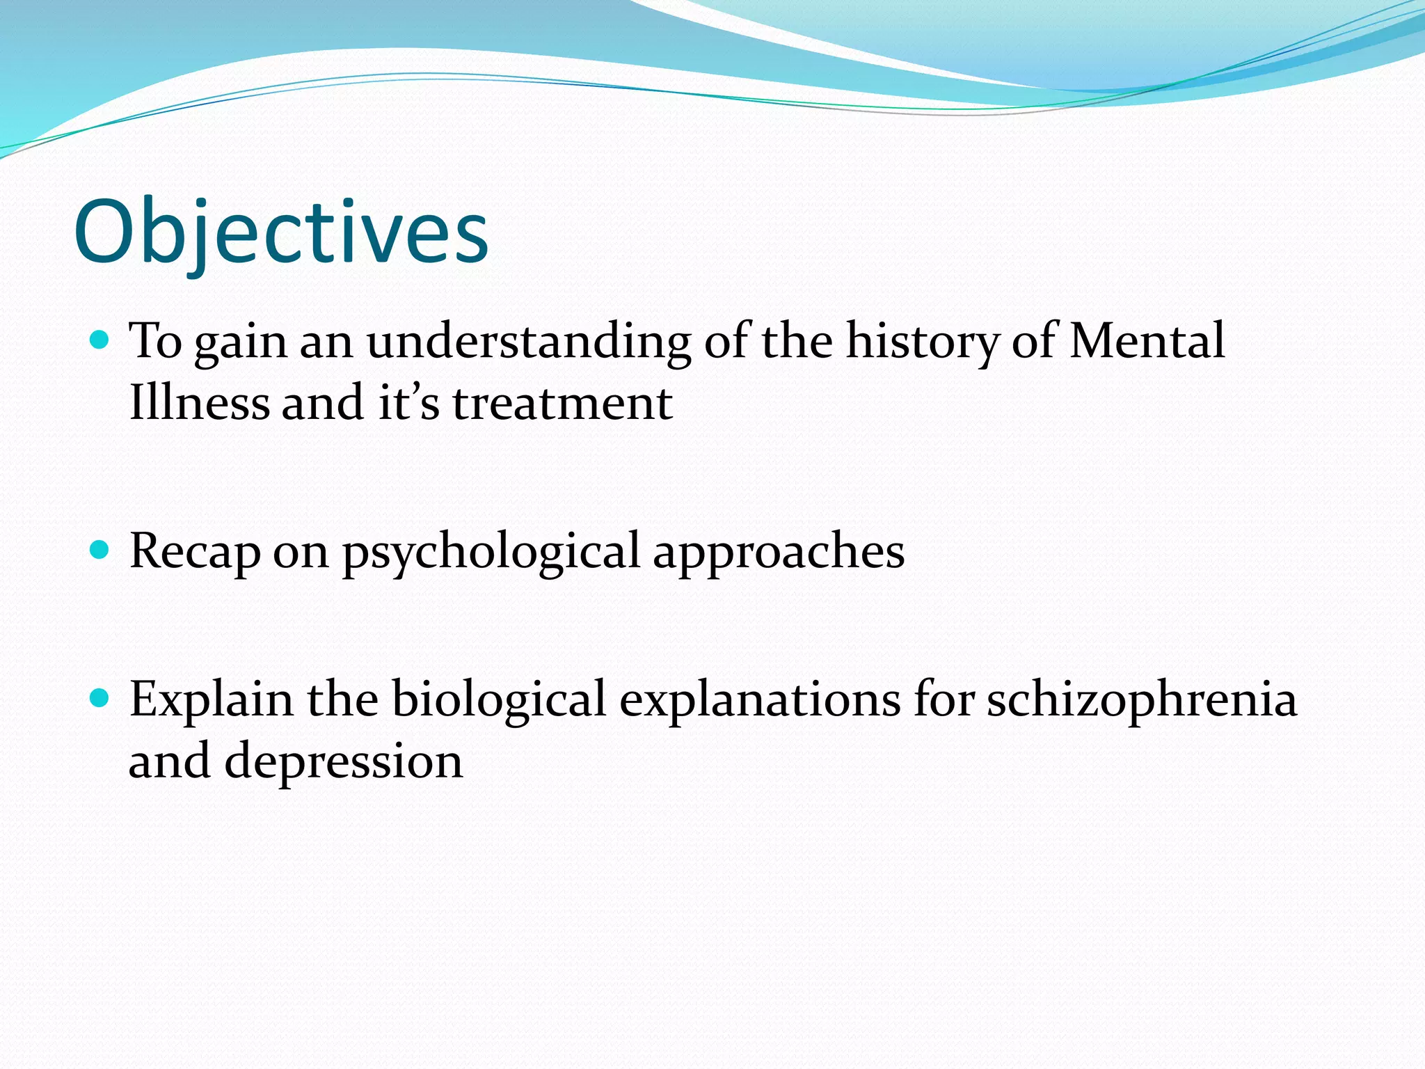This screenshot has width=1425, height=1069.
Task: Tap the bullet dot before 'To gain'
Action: pos(100,340)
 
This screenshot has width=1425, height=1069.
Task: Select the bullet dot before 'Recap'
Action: pos(100,550)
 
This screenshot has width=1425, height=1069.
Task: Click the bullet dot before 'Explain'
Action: pos(100,698)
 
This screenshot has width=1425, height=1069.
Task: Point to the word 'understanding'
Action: pos(529,342)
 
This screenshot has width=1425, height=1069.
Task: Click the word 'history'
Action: pos(921,342)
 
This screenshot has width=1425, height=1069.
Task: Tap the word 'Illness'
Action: pos(198,403)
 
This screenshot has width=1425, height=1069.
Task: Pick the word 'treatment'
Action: pos(562,404)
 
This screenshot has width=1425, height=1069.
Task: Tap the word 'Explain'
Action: pos(212,700)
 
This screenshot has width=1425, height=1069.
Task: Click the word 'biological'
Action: pos(498,700)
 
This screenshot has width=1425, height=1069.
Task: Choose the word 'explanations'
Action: pos(760,700)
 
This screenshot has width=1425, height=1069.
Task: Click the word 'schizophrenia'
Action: pos(1141,700)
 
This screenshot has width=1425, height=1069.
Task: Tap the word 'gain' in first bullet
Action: pos(241,344)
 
